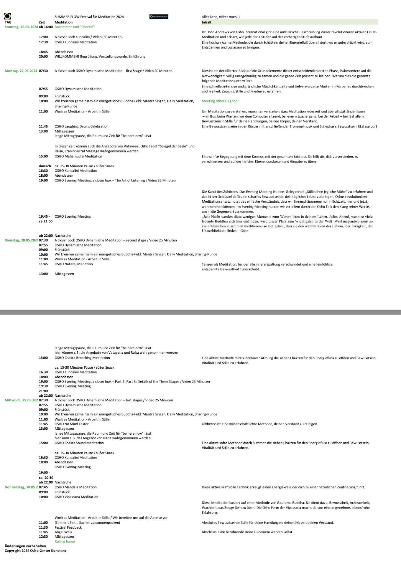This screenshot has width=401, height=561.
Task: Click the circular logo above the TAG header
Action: [8, 16]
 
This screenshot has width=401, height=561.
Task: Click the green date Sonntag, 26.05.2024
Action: [21, 27]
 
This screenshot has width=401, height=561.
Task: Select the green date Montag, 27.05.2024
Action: [21, 71]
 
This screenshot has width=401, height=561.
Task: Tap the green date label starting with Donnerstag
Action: [21, 487]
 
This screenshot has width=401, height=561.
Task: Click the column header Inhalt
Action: [206, 22]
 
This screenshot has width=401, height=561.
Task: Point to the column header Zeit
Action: [42, 22]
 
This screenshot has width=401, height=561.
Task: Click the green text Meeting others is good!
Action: [220, 101]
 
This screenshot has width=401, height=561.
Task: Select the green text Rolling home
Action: [65, 541]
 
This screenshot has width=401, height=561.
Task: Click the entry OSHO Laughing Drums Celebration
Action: [81, 126]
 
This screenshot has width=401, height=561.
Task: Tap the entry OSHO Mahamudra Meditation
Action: [78, 156]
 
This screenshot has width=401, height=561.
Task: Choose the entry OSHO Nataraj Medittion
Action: [73, 264]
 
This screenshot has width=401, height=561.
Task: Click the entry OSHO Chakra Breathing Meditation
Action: [82, 358]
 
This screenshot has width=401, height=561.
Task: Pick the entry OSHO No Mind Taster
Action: [71, 424]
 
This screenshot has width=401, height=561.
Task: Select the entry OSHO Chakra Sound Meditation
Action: [79, 443]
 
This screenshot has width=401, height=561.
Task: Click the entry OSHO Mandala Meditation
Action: [75, 487]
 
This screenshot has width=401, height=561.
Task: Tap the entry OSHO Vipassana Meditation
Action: [76, 497]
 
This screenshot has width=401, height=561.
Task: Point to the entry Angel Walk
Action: [63, 532]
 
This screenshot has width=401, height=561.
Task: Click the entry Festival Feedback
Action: [68, 527]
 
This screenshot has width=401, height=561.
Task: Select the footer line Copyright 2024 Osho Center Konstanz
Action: [35, 551]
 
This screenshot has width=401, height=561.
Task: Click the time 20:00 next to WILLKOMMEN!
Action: [43, 57]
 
